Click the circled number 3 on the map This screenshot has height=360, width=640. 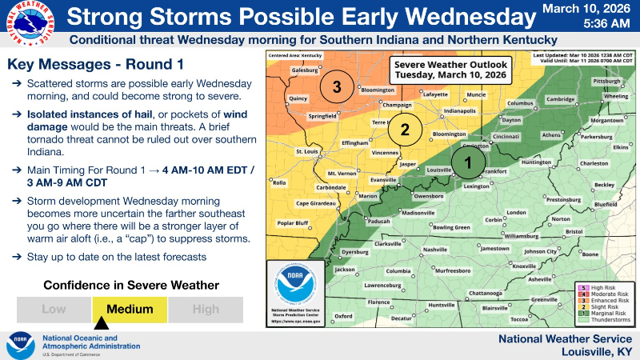pos(338,86)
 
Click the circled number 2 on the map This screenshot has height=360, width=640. pos(405,129)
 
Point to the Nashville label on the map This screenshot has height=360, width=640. pos(435,250)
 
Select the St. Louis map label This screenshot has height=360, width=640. pos(307,151)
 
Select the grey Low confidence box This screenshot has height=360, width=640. pos(54,310)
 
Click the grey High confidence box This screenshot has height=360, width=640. pos(205,310)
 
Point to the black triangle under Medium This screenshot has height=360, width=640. pos(102,324)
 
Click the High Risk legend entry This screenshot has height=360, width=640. pos(604,286)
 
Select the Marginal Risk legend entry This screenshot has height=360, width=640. pos(604,313)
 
